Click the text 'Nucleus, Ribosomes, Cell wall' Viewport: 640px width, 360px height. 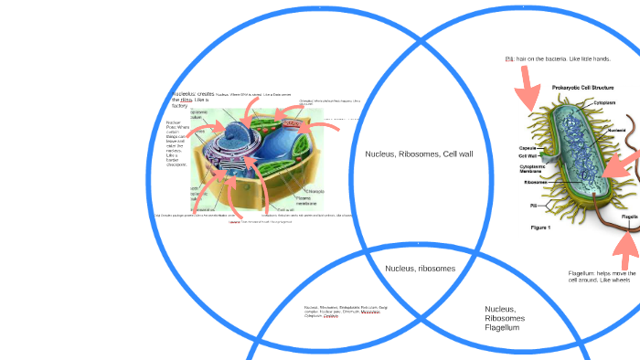(x=419, y=154)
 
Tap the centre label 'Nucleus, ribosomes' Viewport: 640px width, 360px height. (x=420, y=268)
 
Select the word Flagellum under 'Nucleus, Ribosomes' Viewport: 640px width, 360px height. (x=502, y=327)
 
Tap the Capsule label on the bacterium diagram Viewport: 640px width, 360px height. (x=528, y=148)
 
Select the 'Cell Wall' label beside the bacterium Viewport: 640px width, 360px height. (x=528, y=156)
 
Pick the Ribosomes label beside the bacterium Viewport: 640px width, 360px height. (x=536, y=182)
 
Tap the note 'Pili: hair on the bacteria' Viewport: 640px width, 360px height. (x=557, y=58)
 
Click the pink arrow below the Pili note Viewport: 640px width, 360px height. (x=529, y=91)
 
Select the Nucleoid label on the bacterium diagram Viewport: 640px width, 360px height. (x=617, y=130)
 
